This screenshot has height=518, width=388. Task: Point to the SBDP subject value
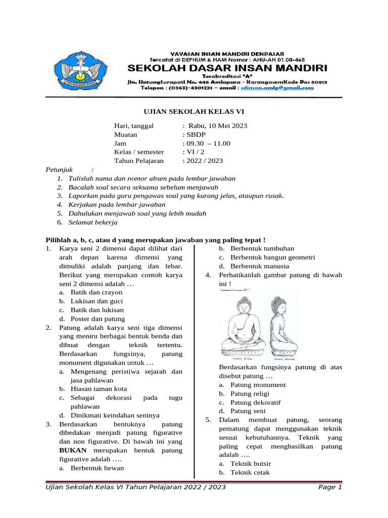tap(194, 135)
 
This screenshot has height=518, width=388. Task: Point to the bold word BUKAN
tap(73, 450)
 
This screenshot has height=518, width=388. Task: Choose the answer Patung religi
tap(250, 394)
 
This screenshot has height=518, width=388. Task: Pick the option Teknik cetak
tap(250, 472)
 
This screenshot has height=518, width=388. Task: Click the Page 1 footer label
tap(330, 487)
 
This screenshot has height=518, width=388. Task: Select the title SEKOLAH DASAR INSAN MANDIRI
tap(227, 67)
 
